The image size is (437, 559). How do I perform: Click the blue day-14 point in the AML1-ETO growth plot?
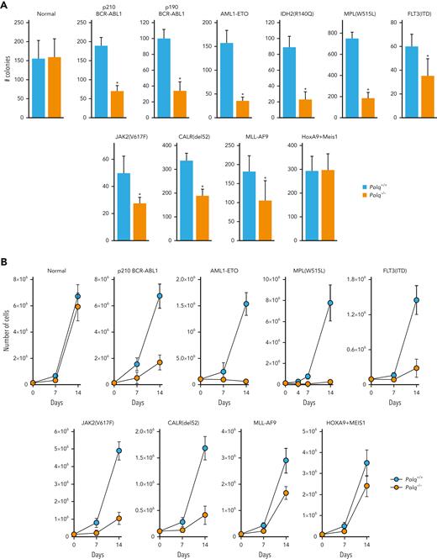223,303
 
